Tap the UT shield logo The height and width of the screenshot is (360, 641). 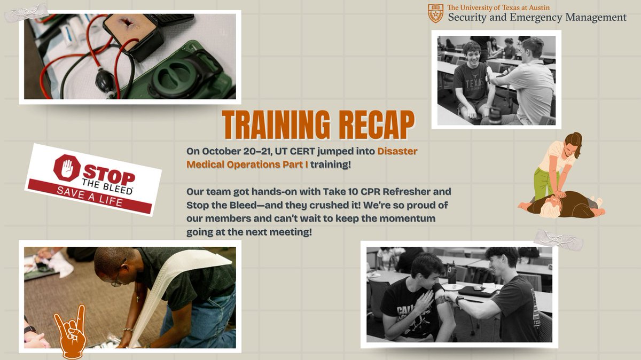[x=435, y=13]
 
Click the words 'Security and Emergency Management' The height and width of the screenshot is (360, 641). [x=537, y=18]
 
